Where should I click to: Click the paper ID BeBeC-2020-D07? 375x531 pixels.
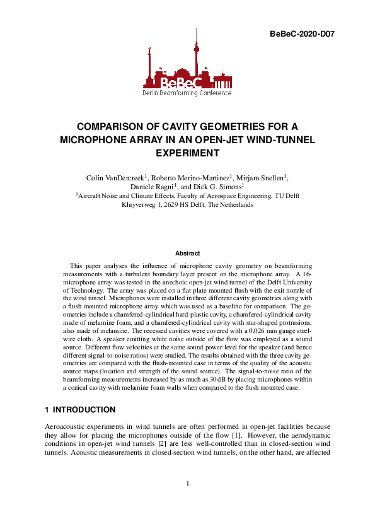pyautogui.click(x=299, y=33)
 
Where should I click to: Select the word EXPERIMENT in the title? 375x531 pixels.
pyautogui.click(x=187, y=153)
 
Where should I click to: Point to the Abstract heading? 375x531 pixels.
pyautogui.click(x=187, y=253)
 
